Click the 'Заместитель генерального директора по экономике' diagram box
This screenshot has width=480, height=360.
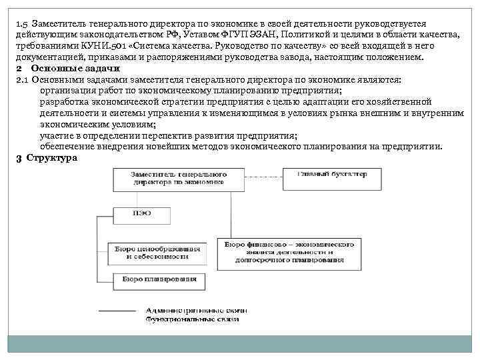(x=179, y=177)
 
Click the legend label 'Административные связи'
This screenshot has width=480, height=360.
(x=197, y=311)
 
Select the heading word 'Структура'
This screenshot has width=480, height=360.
(x=52, y=158)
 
